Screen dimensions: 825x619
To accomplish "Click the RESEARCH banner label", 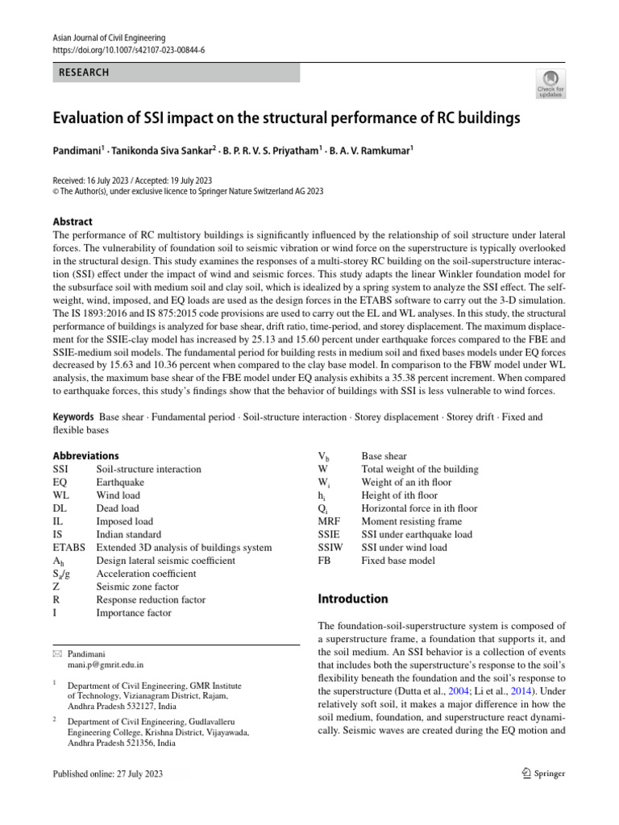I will [x=84, y=73].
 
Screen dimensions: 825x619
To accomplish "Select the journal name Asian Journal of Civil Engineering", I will [x=109, y=38].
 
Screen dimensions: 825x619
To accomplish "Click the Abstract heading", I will [x=73, y=222].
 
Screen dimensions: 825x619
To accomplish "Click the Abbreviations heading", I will [x=85, y=455].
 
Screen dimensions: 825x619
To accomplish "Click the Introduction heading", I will [x=354, y=599].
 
